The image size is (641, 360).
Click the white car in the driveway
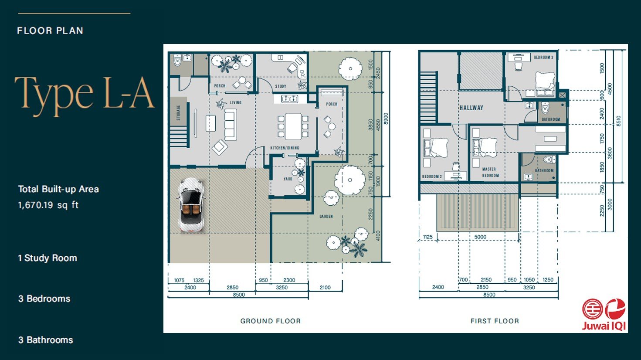(x=191, y=204)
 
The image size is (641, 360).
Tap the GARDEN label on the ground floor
(x=326, y=216)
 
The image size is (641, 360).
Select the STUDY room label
(x=281, y=86)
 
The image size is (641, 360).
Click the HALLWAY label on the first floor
(x=471, y=108)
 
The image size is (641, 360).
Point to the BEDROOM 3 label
(x=543, y=58)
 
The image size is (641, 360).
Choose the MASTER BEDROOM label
(x=490, y=172)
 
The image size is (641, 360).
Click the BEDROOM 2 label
(x=432, y=177)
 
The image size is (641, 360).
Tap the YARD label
(x=288, y=179)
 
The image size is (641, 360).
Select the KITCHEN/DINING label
(x=285, y=148)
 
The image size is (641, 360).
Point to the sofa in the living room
(x=231, y=125)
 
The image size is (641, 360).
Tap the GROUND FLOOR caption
(x=270, y=321)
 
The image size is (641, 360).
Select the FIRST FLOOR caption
(x=495, y=321)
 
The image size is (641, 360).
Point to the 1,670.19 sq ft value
(x=48, y=205)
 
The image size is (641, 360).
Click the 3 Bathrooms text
(x=45, y=340)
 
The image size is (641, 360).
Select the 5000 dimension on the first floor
(x=480, y=237)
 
